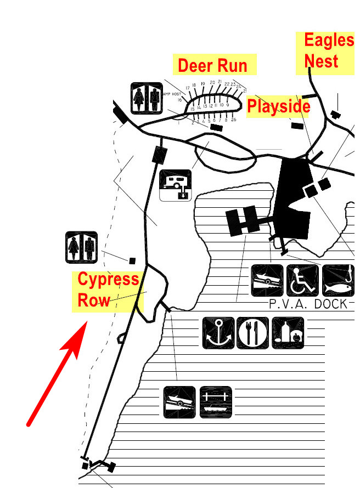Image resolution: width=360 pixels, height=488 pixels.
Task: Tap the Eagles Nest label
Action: coord(329,50)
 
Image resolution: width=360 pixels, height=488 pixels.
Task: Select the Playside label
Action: coord(279,106)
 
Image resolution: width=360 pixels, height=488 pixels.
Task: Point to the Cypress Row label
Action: coord(108,289)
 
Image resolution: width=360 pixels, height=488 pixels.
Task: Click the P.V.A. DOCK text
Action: coord(308,304)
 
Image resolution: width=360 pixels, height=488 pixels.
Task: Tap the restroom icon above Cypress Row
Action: coord(81,247)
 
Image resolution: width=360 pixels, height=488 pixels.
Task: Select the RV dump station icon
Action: coord(176,185)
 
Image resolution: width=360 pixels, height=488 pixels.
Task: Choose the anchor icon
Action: coord(218,333)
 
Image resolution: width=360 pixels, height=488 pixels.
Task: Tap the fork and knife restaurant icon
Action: coord(253,333)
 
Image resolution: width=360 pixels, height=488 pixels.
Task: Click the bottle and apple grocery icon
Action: coord(288,333)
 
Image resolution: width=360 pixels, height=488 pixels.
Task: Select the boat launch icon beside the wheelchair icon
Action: coord(267,280)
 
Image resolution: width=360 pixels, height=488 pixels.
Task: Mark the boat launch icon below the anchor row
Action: coord(179,402)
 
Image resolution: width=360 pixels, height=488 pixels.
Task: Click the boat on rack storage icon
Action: coord(216,402)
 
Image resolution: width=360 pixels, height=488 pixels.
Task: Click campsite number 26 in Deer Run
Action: coord(233,120)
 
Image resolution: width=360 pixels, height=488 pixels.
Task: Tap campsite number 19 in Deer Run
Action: coord(203,84)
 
